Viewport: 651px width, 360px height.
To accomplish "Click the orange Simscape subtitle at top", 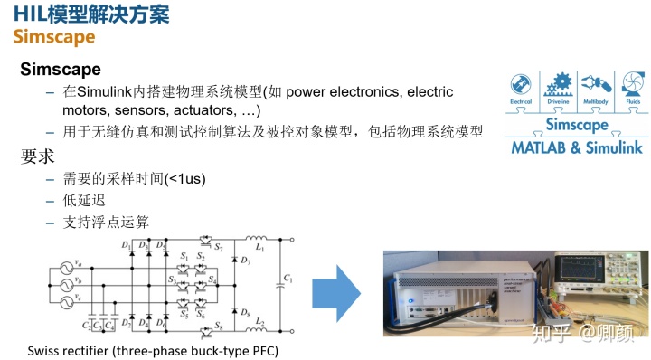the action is [52, 36].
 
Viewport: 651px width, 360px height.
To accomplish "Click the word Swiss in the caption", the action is [43, 349].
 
